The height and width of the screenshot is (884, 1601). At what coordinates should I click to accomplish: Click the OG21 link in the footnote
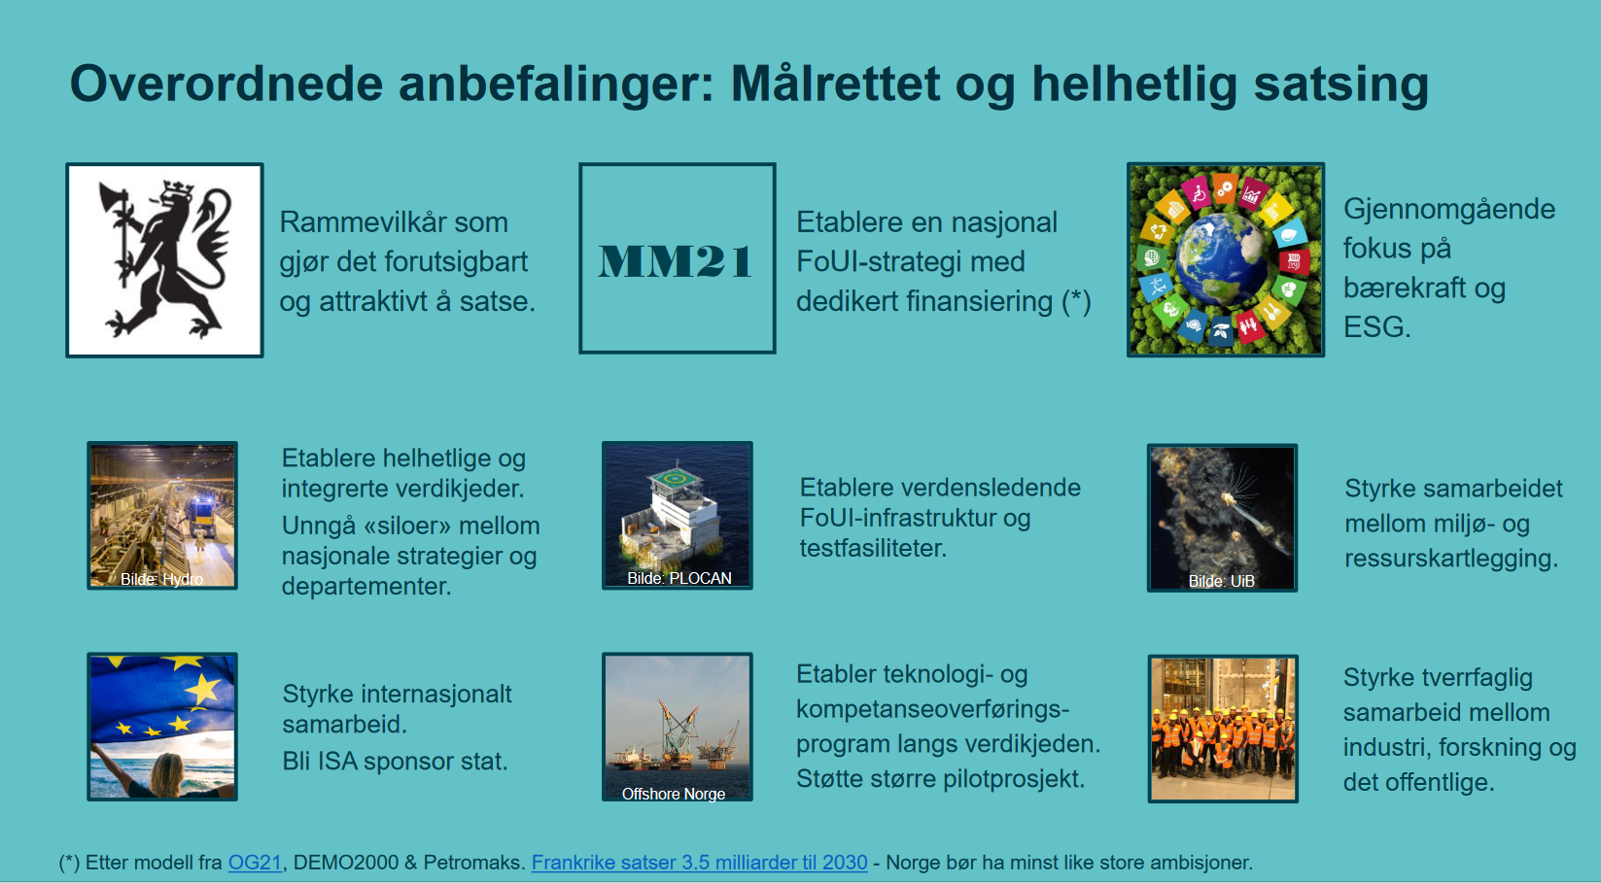coord(255,863)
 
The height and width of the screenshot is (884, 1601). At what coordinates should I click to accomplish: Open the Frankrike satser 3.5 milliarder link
coord(699,863)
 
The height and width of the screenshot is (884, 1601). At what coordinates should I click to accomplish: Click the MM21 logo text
coord(677,260)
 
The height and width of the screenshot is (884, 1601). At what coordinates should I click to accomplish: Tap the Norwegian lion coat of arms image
coord(164,260)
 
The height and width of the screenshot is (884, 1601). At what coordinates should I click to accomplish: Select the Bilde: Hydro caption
coord(161,579)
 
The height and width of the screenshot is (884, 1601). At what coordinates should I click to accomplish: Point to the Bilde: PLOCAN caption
coord(679,578)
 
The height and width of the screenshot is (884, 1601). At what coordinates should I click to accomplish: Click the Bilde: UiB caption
coord(1222,581)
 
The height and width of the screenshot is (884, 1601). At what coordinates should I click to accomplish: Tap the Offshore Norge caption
coord(674,794)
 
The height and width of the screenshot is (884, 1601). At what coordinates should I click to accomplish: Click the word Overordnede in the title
coord(226,84)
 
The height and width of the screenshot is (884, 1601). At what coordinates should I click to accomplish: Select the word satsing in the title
coord(1340,85)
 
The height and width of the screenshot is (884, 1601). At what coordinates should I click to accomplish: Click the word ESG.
coord(1376,327)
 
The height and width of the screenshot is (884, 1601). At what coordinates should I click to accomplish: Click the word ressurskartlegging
coord(1451,559)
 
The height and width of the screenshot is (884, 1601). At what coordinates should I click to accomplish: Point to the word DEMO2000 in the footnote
coord(346,863)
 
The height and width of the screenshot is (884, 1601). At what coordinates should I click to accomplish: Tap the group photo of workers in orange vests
coord(1223,729)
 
